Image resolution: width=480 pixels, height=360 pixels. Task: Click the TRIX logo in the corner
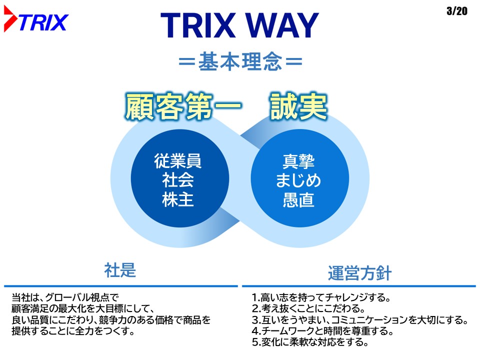36,19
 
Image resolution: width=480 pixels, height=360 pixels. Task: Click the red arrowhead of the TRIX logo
10,19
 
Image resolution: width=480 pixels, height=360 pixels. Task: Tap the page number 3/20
456,11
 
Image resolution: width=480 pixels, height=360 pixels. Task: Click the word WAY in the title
281,25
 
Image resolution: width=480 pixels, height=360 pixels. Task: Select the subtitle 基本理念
240,61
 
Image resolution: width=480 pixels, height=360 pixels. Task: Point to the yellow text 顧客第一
183,106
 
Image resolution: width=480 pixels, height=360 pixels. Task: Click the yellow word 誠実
298,106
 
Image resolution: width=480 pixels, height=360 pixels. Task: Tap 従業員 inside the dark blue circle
177,161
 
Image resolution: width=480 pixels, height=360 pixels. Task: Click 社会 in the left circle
178,180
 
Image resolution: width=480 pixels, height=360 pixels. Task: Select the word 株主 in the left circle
178,199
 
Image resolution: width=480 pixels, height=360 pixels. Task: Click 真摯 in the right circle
298,161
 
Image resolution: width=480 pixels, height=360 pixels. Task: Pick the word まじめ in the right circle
298,180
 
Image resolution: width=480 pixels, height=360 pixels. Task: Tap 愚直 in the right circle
298,200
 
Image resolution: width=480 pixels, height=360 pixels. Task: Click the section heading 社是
120,270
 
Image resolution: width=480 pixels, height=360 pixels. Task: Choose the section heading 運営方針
359,273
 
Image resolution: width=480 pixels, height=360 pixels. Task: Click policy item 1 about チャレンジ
321,297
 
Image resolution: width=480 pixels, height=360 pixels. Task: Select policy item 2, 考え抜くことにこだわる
308,308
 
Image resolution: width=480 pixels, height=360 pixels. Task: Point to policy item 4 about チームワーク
322,331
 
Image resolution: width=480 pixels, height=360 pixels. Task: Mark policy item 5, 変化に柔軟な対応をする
310,342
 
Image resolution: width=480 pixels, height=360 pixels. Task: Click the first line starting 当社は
65,297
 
